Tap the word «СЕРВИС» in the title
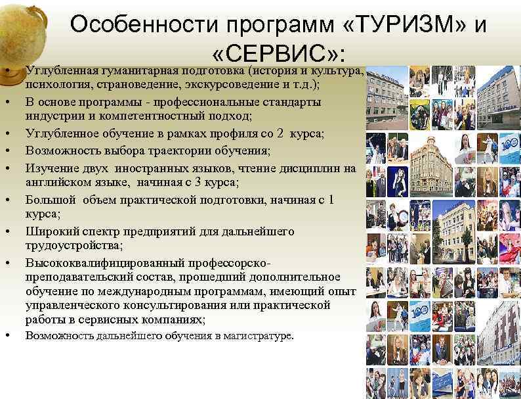(x=276, y=53)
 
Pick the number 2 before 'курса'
(x=280, y=133)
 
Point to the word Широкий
(x=50, y=231)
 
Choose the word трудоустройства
(x=73, y=246)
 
